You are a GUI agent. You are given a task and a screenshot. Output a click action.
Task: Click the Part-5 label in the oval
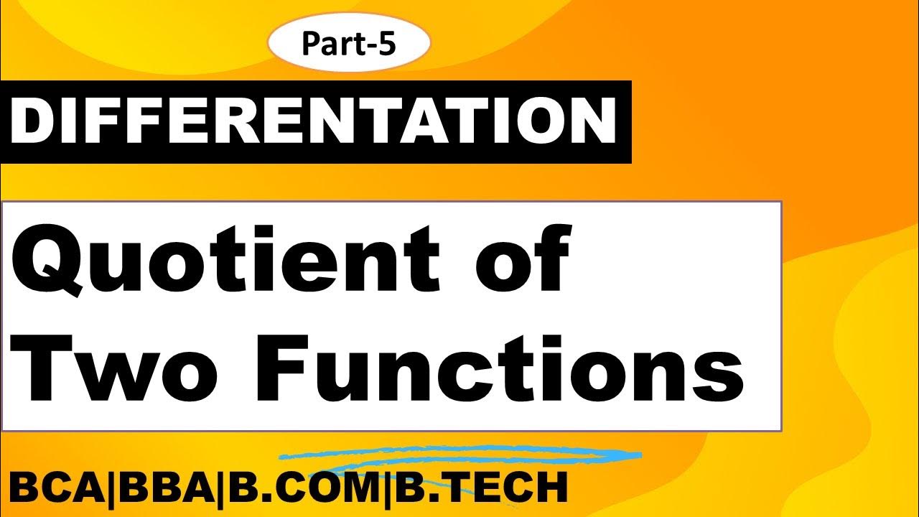(x=348, y=44)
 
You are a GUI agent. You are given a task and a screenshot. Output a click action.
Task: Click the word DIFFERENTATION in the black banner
(x=314, y=122)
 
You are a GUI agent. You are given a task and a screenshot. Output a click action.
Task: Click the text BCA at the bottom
(x=54, y=488)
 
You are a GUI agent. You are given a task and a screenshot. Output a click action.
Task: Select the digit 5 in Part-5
(x=386, y=44)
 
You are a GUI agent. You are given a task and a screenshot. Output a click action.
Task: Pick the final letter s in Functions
(x=711, y=377)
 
